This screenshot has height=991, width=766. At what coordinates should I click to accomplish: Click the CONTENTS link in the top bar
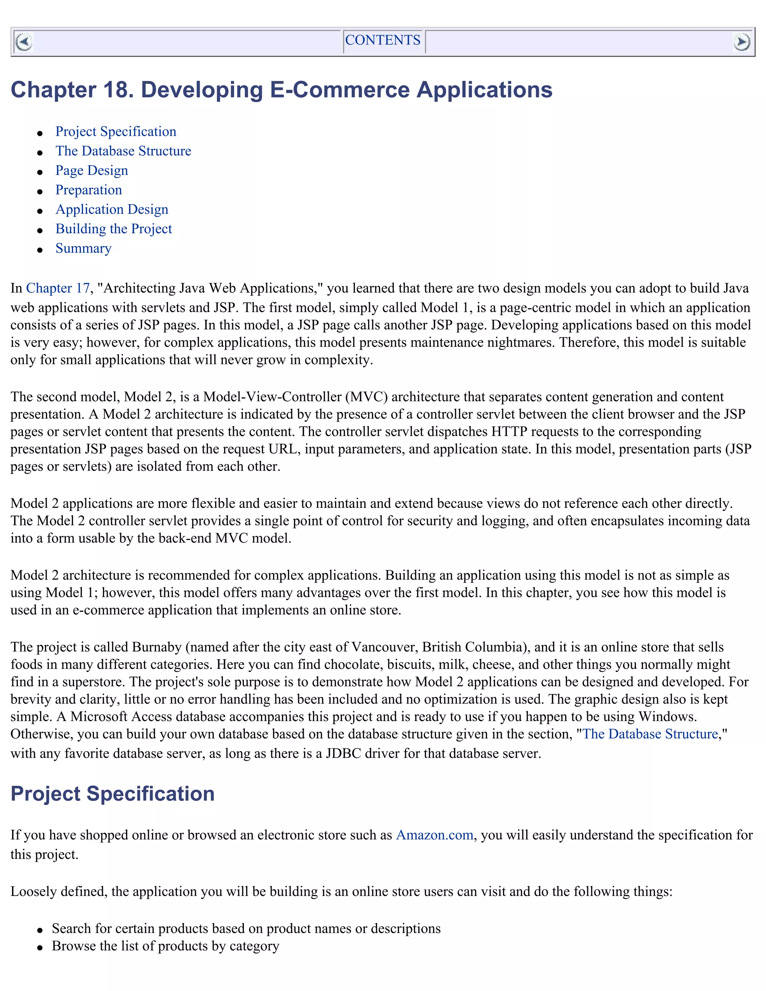click(383, 40)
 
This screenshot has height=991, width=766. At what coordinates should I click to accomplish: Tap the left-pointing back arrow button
click(24, 42)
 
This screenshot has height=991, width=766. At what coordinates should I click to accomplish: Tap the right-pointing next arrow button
click(741, 42)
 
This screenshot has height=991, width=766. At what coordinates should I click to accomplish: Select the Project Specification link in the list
click(116, 132)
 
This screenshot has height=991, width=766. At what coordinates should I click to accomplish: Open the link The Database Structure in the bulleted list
click(123, 151)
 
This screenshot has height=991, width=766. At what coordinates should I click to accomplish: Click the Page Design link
click(92, 171)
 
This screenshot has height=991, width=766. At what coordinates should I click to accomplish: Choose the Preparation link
click(89, 190)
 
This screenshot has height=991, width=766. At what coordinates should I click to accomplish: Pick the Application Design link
click(111, 210)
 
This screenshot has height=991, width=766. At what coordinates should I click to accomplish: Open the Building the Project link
click(113, 229)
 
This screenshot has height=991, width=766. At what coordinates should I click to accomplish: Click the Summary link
click(83, 249)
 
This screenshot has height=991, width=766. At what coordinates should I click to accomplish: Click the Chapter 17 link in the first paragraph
click(58, 289)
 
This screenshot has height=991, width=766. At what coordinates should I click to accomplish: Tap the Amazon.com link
click(434, 835)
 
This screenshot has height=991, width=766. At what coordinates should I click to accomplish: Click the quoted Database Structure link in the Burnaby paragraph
click(650, 734)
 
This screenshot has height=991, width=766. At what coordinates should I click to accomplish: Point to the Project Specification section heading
click(112, 794)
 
